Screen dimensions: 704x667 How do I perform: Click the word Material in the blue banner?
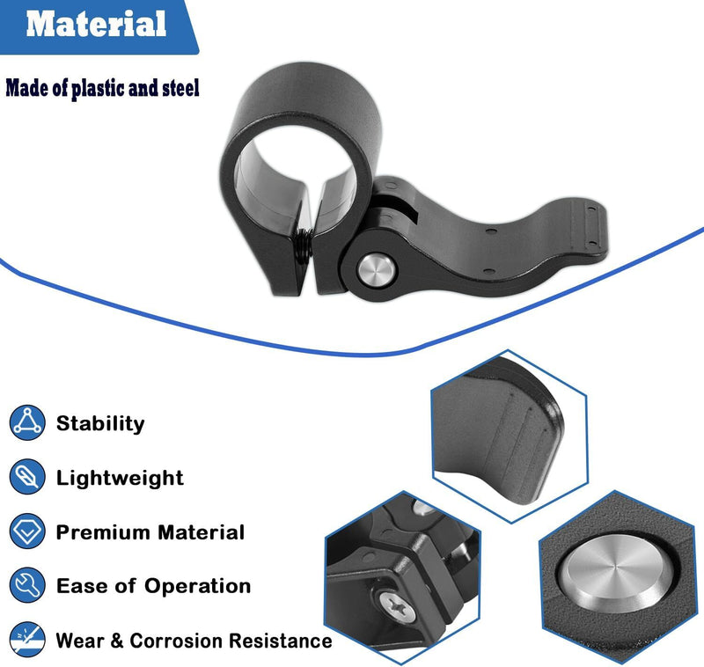pyautogui.click(x=96, y=24)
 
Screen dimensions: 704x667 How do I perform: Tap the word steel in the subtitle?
pyautogui.click(x=180, y=87)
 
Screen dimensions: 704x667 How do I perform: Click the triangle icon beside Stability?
pyautogui.click(x=27, y=422)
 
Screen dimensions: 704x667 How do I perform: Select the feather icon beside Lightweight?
pyautogui.click(x=27, y=477)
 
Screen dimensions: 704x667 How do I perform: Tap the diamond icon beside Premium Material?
pyautogui.click(x=27, y=531)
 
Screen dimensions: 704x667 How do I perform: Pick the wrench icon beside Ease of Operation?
pyautogui.click(x=27, y=585)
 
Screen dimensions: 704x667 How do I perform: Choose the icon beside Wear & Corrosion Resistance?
pyautogui.click(x=27, y=640)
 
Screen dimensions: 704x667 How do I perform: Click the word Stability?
pyautogui.click(x=100, y=424)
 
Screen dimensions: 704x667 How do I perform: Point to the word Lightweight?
pyautogui.click(x=120, y=478)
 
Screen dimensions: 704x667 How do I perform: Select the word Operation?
pyautogui.click(x=197, y=587)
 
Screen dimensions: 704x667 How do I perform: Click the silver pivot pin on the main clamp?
pyautogui.click(x=377, y=270)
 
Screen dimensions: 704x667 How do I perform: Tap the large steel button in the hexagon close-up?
pyautogui.click(x=618, y=574)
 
